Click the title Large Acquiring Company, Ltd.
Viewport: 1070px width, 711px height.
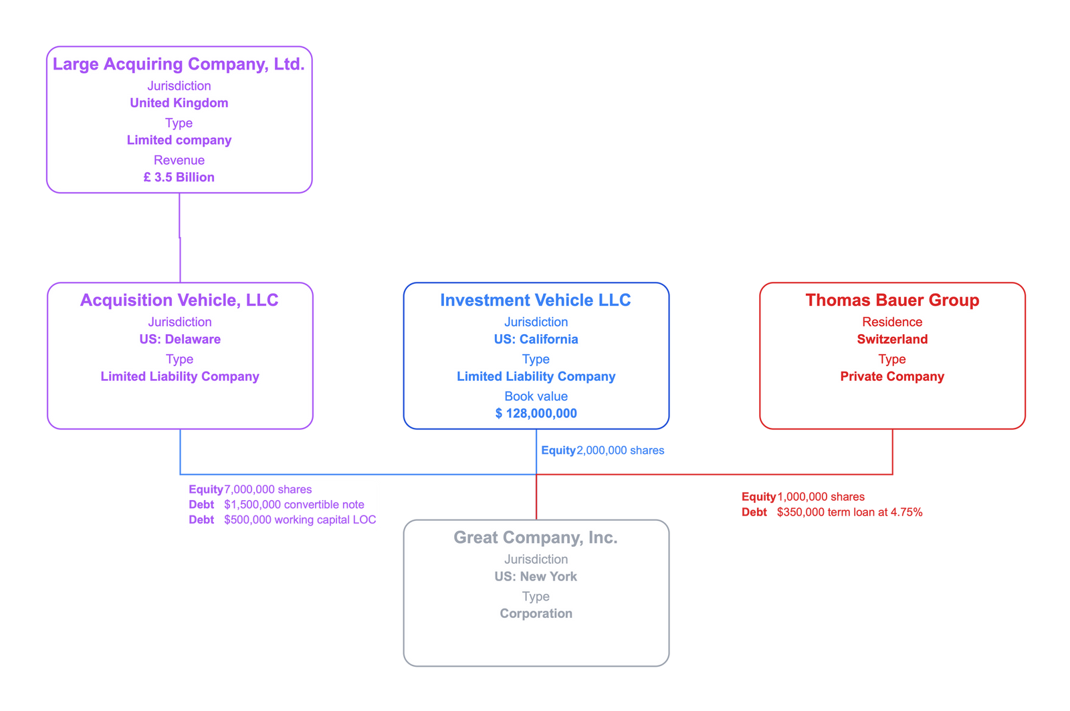tap(179, 64)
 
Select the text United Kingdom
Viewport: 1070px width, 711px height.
tap(179, 103)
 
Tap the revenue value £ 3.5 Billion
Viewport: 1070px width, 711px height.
tap(179, 177)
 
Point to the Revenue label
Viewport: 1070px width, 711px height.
tap(179, 160)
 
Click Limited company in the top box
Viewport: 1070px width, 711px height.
tap(179, 141)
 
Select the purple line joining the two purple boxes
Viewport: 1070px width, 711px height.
tap(179, 238)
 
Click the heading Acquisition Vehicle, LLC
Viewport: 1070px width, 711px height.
tap(179, 301)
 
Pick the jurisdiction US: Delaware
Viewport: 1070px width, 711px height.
tap(179, 339)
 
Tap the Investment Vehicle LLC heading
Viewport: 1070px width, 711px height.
tap(535, 301)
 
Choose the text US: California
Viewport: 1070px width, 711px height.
tap(536, 339)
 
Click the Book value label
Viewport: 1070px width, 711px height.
tap(536, 396)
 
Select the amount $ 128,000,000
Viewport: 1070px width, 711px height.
tap(536, 414)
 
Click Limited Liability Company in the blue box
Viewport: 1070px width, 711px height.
tap(536, 377)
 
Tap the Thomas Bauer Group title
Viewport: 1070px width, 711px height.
tap(891, 301)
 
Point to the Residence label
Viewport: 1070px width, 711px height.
tap(891, 322)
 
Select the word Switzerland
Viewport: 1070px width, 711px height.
tap(891, 339)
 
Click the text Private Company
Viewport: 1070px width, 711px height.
tap(891, 377)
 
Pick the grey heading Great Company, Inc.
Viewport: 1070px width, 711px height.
tap(535, 538)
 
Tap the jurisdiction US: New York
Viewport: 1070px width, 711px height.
tap(536, 576)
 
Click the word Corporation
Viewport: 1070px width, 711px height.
tap(536, 614)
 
